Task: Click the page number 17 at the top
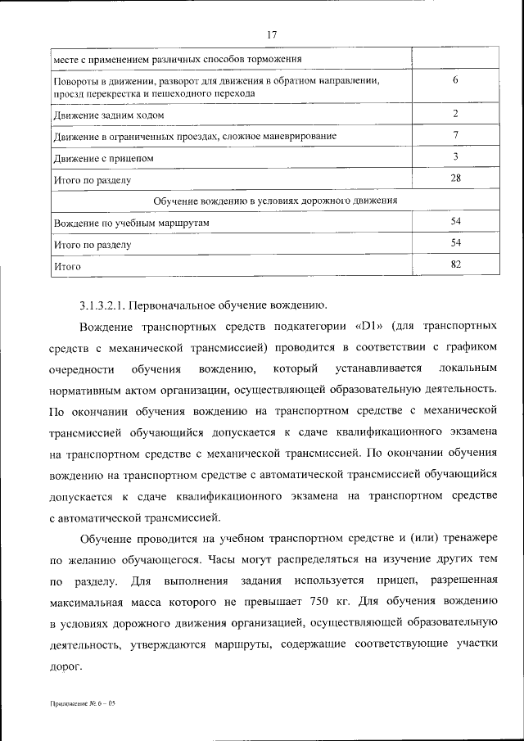[273, 34]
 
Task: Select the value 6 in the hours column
[454, 80]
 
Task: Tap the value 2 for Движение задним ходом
[454, 113]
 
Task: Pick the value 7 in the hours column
[454, 134]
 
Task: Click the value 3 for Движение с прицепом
[454, 156]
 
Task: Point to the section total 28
[454, 178]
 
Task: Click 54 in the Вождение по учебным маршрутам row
[455, 221]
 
